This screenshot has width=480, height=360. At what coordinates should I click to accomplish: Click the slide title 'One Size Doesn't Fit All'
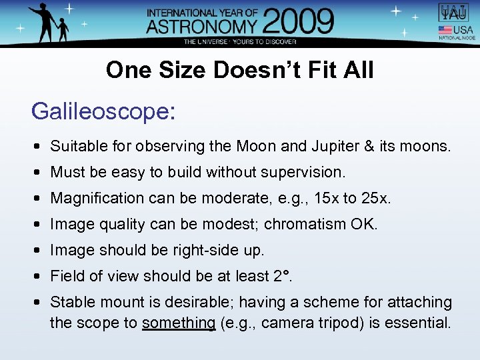(x=240, y=70)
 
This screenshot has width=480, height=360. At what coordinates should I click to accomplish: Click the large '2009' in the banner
(x=297, y=23)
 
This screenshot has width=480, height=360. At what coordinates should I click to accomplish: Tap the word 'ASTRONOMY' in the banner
(x=201, y=27)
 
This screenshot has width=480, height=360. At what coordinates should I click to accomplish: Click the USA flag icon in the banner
(x=445, y=30)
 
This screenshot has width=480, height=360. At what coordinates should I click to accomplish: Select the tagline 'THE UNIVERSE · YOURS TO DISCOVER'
(x=240, y=41)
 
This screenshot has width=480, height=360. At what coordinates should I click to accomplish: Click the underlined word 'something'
(x=179, y=323)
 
